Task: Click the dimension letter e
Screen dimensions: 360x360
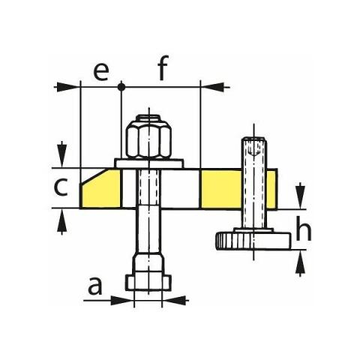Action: [101, 72]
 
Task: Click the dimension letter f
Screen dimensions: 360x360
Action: [163, 67]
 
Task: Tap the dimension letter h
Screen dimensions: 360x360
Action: [304, 228]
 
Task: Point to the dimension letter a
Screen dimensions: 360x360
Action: [95, 286]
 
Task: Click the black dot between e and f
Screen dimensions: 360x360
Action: [121, 87]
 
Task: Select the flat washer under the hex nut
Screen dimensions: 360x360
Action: [149, 163]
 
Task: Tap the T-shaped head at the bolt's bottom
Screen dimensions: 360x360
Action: [148, 283]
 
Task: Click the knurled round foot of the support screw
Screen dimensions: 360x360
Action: [253, 241]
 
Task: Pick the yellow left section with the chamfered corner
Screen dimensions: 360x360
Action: [100, 189]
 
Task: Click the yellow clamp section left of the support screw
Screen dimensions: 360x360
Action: [221, 189]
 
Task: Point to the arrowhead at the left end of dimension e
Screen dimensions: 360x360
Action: [67, 87]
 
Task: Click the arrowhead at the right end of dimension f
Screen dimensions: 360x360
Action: [214, 87]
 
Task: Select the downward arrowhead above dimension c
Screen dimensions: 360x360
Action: [61, 155]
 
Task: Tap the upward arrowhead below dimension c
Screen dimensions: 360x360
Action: [61, 221]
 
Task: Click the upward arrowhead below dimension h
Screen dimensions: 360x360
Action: [300, 262]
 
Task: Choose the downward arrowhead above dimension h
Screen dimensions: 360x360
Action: [300, 196]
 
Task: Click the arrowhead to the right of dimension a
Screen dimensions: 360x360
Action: [175, 300]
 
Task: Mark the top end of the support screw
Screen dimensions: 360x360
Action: [254, 138]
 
